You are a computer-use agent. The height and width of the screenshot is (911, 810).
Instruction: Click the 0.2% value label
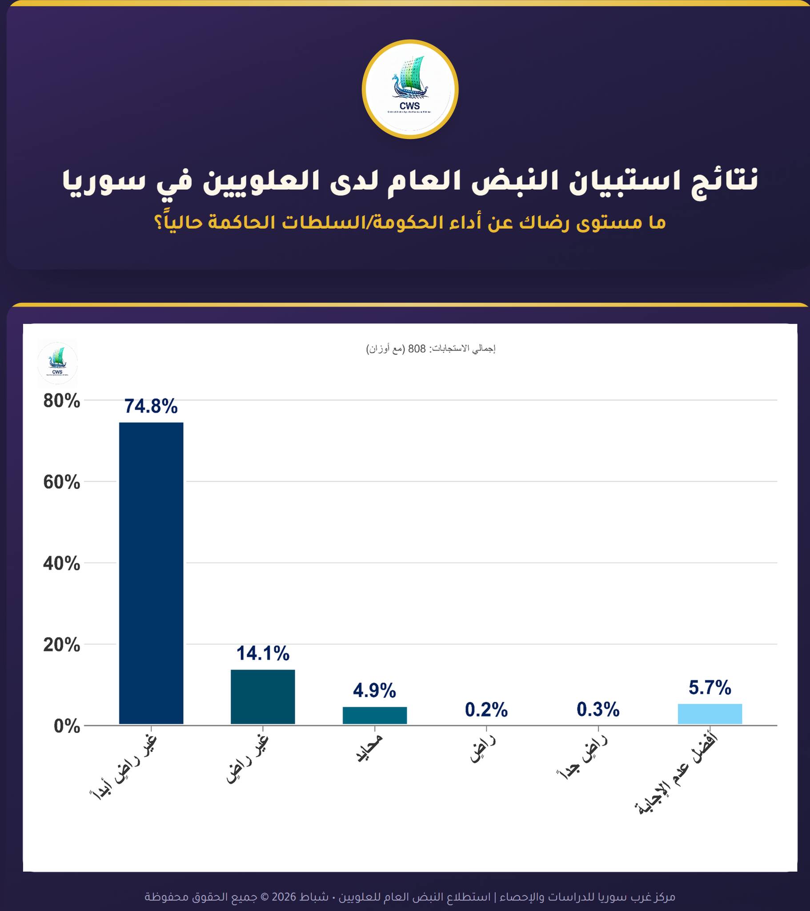(x=486, y=710)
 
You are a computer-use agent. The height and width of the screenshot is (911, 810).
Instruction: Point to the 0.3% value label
(x=598, y=709)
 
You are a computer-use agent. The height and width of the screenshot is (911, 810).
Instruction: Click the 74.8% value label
(x=151, y=407)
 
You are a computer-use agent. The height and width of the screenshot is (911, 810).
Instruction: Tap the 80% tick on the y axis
(x=62, y=402)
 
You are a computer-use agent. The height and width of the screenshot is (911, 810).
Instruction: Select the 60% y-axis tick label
(x=62, y=483)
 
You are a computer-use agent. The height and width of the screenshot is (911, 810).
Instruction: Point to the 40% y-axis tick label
(x=62, y=564)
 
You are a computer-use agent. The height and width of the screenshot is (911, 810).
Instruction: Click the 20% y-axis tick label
(x=62, y=645)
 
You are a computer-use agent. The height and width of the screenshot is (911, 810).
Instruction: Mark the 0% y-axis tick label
(x=67, y=727)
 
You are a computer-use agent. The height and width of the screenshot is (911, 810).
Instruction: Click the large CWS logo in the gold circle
(x=410, y=89)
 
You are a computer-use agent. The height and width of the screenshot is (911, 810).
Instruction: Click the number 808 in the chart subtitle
(x=417, y=349)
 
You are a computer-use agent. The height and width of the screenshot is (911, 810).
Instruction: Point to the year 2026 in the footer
(x=284, y=896)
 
